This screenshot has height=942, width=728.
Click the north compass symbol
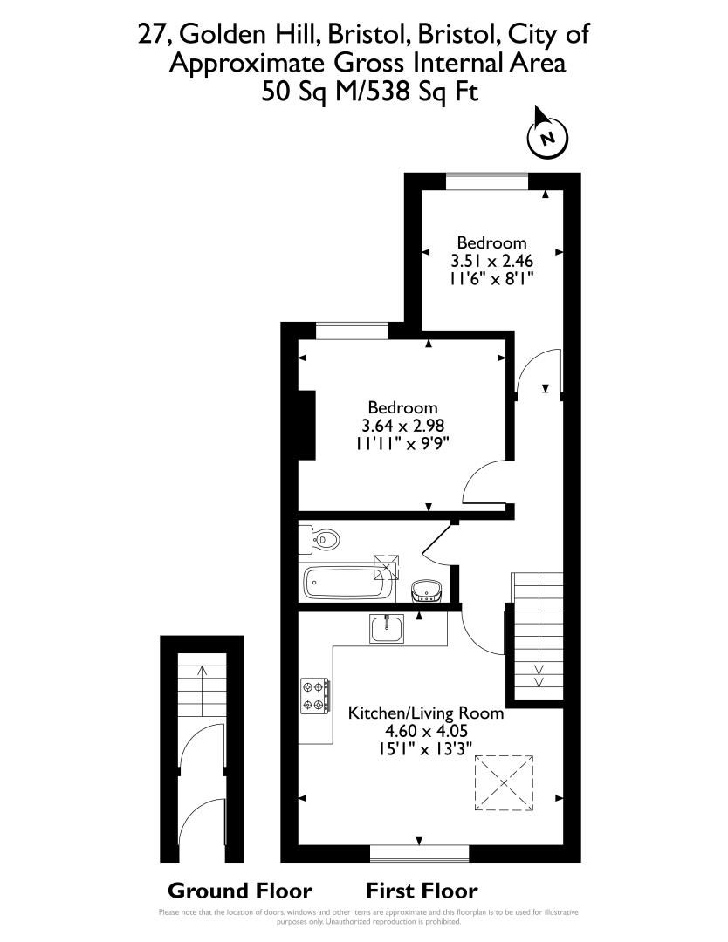point(547,135)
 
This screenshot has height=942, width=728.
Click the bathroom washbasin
point(426,590)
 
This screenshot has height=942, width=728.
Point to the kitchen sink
point(387,628)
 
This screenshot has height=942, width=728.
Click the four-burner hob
point(315,696)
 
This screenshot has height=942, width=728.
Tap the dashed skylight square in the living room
point(505,782)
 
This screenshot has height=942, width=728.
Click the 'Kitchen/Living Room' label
point(426,713)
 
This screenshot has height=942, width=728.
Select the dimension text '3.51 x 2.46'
point(492,261)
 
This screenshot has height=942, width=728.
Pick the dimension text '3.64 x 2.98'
point(402,426)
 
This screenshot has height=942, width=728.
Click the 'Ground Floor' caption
point(240,891)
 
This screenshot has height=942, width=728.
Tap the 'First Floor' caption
point(422,891)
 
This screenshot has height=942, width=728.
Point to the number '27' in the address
point(152,34)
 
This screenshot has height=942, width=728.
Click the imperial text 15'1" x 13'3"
point(426,748)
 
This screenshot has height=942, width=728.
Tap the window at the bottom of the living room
point(420,854)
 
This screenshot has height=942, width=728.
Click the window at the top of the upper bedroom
point(487,181)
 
